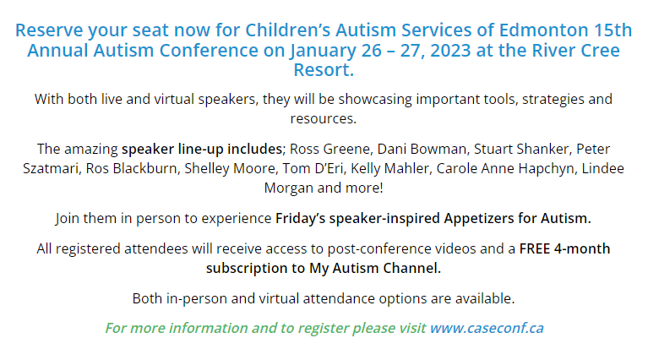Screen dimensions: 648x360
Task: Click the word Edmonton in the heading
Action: coord(543,30)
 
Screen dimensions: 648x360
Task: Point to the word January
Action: coord(323,52)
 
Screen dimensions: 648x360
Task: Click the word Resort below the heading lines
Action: coord(323,70)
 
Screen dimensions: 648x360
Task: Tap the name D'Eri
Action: coord(328,169)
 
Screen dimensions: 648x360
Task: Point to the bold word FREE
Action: coord(535,248)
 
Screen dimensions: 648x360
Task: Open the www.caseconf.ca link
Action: coord(487,328)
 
